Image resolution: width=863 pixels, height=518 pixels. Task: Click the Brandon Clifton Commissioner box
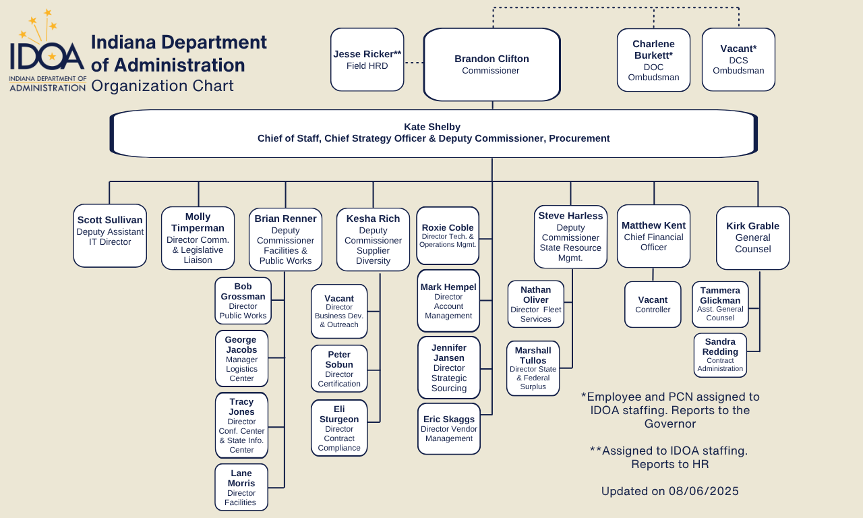coord(492,65)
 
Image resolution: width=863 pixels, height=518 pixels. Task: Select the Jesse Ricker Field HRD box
coord(367,59)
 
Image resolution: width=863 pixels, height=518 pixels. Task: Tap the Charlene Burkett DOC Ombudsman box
coord(653,59)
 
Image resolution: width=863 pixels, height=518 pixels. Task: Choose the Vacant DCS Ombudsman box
coord(738,59)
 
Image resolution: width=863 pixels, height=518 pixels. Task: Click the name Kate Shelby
coord(432,127)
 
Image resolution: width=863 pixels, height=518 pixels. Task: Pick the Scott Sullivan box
coord(110,235)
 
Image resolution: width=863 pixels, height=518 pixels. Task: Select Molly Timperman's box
coord(198,238)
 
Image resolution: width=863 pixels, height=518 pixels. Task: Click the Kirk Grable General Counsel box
coord(752,237)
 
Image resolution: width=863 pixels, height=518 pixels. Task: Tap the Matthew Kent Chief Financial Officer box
coord(653,236)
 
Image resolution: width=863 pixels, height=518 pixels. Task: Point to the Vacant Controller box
coord(653,304)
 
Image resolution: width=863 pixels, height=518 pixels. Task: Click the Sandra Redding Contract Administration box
coord(720,355)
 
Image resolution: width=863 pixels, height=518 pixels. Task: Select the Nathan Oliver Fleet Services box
coord(535,304)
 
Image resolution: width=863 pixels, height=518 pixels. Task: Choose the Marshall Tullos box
coord(533,368)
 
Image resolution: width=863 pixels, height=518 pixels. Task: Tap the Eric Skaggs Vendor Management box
coord(449,429)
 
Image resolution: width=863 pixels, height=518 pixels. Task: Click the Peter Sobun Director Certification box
coord(339,368)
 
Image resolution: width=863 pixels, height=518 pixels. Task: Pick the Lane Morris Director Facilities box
coord(241,487)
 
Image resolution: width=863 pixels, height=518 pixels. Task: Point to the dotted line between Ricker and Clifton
coord(413,63)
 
